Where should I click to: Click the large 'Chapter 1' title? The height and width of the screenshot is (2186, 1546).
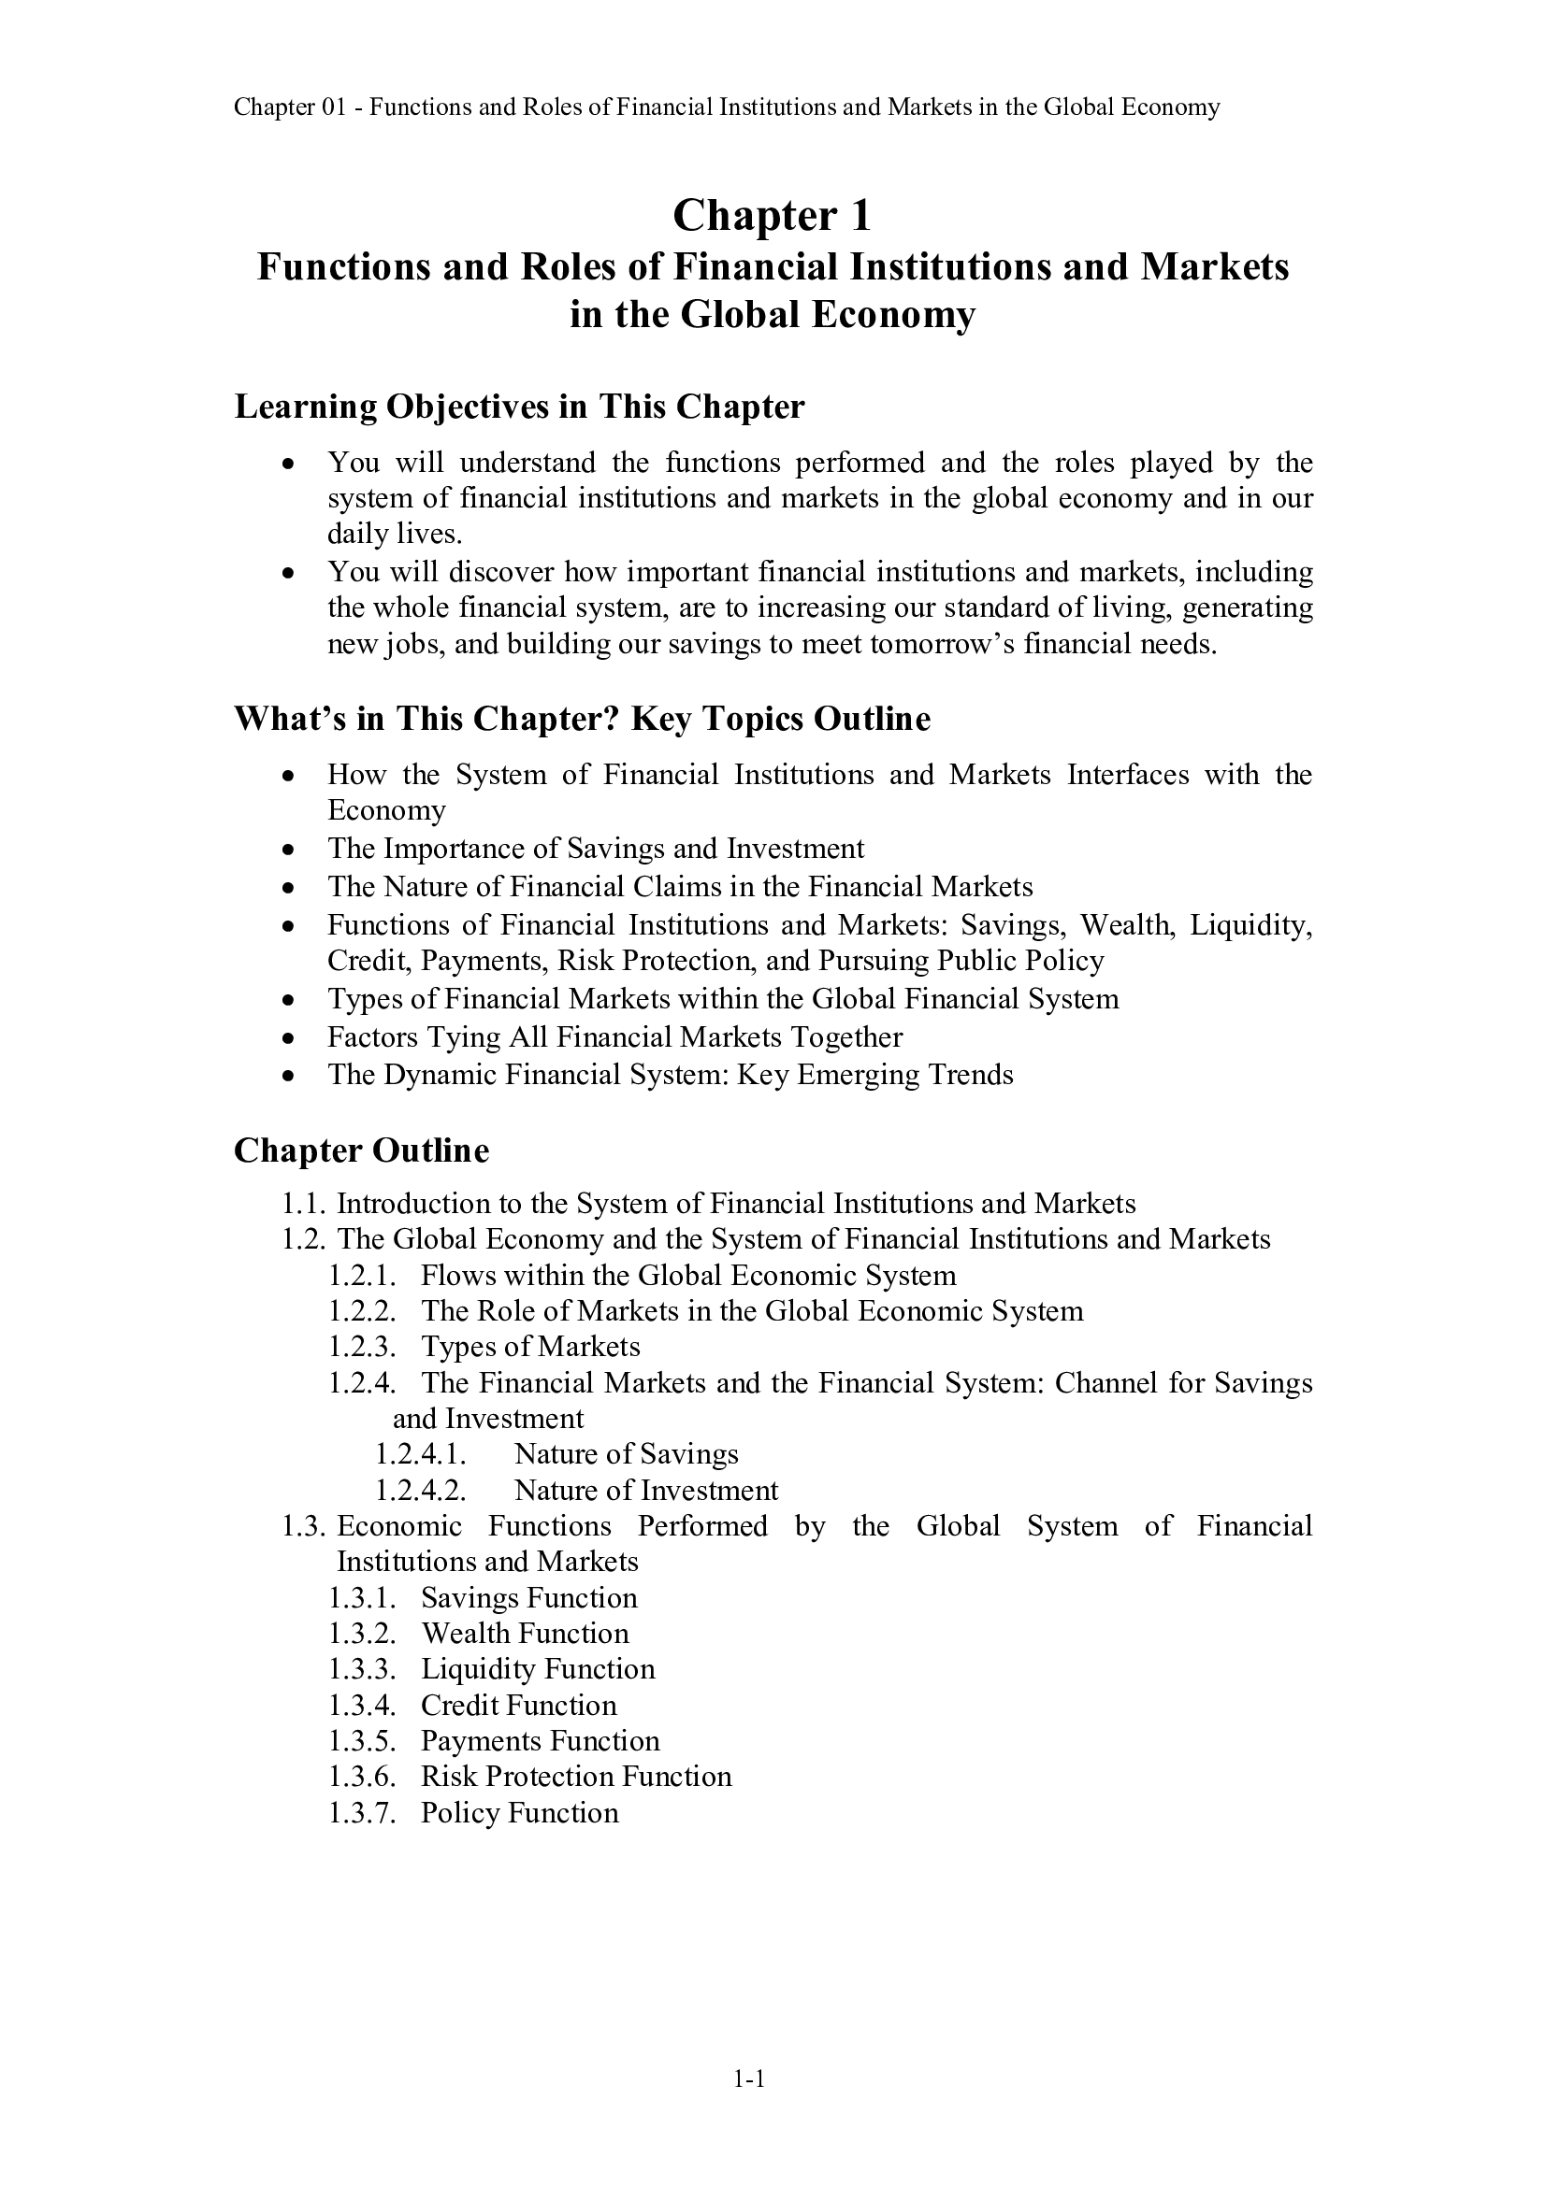pos(772,216)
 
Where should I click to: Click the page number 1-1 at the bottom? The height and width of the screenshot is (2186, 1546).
pos(750,2080)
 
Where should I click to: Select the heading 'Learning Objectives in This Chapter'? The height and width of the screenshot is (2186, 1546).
pos(519,407)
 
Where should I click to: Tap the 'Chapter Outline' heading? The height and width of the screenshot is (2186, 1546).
pos(361,1150)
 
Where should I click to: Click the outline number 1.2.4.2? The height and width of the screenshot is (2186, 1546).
pos(420,1490)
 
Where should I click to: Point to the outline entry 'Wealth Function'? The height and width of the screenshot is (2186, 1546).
pos(525,1633)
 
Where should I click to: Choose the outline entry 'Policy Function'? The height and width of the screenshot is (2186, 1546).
pos(519,1812)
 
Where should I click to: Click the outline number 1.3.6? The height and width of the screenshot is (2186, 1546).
pos(362,1776)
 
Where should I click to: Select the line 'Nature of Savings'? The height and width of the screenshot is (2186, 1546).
pos(626,1454)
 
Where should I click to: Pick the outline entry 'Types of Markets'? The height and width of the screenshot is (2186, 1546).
pos(530,1346)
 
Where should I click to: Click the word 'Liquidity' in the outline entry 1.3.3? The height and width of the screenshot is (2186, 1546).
pos(479,1668)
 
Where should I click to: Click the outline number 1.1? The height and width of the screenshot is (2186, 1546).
pos(304,1204)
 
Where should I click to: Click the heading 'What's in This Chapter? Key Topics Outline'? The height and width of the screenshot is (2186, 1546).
pos(582,718)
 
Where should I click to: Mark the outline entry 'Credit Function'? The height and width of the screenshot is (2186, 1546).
pos(518,1705)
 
